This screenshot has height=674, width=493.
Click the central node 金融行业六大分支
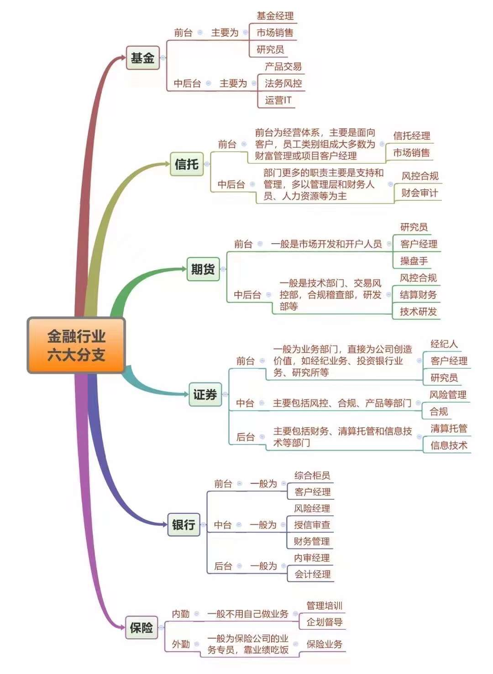(x=76, y=345)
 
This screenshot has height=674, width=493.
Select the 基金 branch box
(x=143, y=58)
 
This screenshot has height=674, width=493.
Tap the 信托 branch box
(x=187, y=164)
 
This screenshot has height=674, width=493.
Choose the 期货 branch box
(x=203, y=269)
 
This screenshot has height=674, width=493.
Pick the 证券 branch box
(x=205, y=394)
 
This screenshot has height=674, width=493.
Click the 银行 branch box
(x=184, y=525)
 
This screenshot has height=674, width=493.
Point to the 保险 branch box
(x=142, y=627)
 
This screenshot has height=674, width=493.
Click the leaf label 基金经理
(x=275, y=16)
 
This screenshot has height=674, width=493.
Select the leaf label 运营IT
(x=278, y=100)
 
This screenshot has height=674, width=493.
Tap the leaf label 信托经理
(x=412, y=136)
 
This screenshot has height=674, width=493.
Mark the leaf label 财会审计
(x=420, y=193)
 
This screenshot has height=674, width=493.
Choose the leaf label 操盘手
(x=414, y=261)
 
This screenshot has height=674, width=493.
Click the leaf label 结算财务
(x=418, y=295)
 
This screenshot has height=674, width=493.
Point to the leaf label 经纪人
(x=444, y=344)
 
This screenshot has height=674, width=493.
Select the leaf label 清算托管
(x=449, y=428)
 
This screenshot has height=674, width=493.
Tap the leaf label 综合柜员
(x=312, y=475)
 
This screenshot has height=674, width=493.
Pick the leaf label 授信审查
(x=312, y=525)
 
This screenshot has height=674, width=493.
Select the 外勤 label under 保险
(x=181, y=644)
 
